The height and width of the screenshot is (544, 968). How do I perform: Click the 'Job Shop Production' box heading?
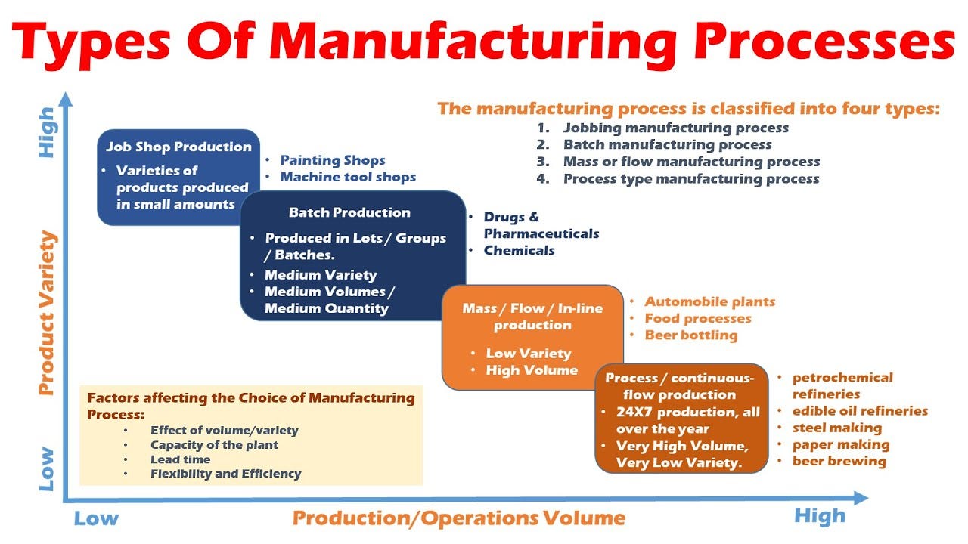point(178,147)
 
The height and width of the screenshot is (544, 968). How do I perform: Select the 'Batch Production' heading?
point(349,212)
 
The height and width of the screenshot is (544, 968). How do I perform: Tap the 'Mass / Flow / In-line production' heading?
point(532,317)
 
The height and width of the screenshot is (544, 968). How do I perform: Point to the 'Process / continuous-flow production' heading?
point(680,385)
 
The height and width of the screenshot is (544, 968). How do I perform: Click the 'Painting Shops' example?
point(333,160)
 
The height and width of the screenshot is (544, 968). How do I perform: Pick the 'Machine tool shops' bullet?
point(348,177)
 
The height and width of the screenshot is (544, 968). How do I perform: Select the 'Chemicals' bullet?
point(519,250)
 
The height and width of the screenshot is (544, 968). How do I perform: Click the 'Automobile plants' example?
point(709,301)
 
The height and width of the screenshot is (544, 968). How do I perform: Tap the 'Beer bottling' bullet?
point(690,335)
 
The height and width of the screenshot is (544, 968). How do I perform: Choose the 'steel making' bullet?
point(836,428)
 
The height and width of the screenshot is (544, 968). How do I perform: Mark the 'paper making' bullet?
point(840,444)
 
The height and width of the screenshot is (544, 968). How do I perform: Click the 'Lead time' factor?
point(180,459)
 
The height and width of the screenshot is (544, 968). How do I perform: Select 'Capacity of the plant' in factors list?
point(214,445)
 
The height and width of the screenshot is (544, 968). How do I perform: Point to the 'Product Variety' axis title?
point(47,314)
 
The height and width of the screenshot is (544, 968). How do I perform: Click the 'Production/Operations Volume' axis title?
point(459,518)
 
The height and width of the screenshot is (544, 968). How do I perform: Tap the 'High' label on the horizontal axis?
point(819,516)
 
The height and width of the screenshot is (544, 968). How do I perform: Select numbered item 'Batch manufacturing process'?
point(667,144)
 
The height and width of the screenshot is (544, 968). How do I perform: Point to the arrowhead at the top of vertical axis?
point(67,99)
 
